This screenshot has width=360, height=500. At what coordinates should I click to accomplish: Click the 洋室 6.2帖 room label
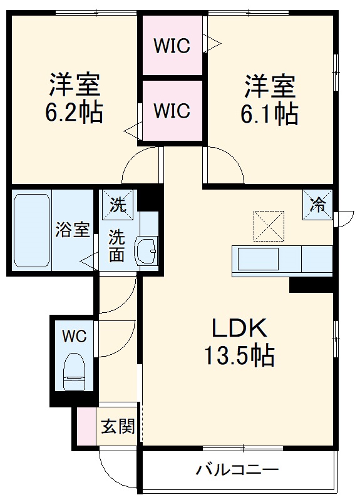click(x=74, y=99)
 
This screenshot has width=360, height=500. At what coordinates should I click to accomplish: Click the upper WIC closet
click(x=172, y=46)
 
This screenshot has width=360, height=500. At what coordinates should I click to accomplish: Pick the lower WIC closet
click(x=172, y=111)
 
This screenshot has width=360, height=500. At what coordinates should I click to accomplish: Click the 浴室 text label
click(x=74, y=229)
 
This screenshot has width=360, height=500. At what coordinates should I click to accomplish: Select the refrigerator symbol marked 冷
click(x=318, y=204)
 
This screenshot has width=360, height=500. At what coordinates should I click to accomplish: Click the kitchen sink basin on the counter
click(x=257, y=258)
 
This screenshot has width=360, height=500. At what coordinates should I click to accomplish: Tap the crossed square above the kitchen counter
click(x=268, y=226)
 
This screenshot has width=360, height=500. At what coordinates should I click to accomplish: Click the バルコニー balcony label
click(x=237, y=469)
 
